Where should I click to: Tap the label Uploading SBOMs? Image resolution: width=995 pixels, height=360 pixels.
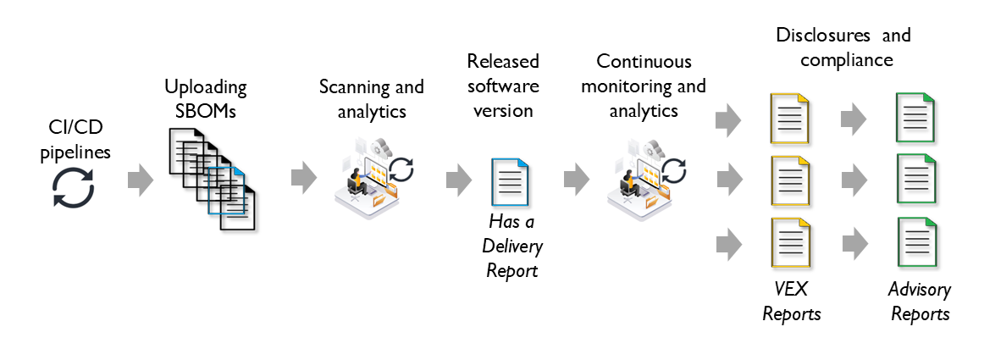point(206,97)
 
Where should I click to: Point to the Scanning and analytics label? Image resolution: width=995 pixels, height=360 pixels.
point(371,98)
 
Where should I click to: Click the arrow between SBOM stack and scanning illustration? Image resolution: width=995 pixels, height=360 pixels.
point(304,177)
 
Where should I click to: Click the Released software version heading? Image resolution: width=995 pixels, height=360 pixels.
point(503,85)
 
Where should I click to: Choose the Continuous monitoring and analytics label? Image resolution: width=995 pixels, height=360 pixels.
point(644,86)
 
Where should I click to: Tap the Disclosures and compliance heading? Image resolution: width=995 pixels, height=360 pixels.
point(844,47)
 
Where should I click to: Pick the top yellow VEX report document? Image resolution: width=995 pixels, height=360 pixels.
point(789,118)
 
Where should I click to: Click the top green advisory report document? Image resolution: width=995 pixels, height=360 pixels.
point(917,118)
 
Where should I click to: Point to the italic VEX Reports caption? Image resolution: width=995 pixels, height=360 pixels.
point(791,302)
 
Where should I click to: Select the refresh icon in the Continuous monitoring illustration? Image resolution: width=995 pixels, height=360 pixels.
point(674,169)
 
